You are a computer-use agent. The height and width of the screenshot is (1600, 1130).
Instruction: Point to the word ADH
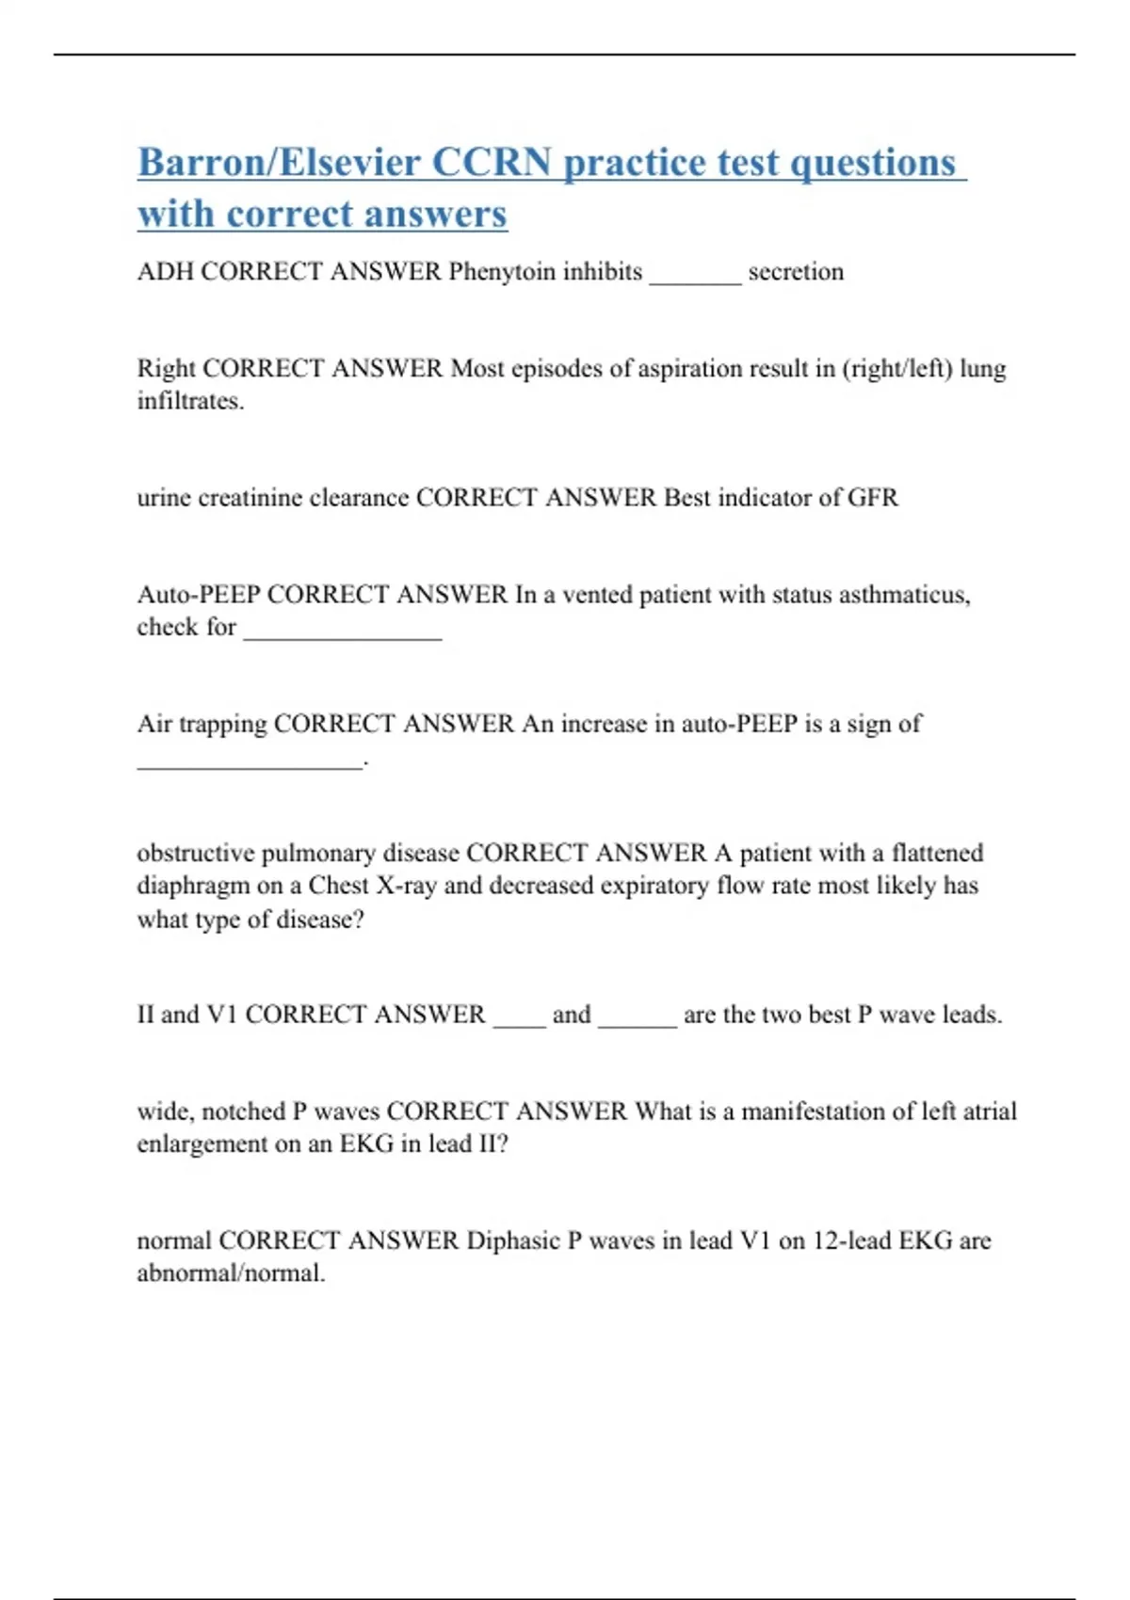pyautogui.click(x=165, y=272)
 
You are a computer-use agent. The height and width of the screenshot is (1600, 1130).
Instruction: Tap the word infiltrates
pyautogui.click(x=190, y=402)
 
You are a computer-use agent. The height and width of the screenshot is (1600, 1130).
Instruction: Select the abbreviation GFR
pyautogui.click(x=873, y=498)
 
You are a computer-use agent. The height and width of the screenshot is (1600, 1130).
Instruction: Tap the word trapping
pyautogui.click(x=223, y=724)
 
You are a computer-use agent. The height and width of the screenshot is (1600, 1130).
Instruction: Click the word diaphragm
pyautogui.click(x=193, y=887)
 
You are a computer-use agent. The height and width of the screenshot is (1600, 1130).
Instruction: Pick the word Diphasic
pyautogui.click(x=513, y=1240)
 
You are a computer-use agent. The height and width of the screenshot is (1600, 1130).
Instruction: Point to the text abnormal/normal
pyautogui.click(x=231, y=1273)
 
